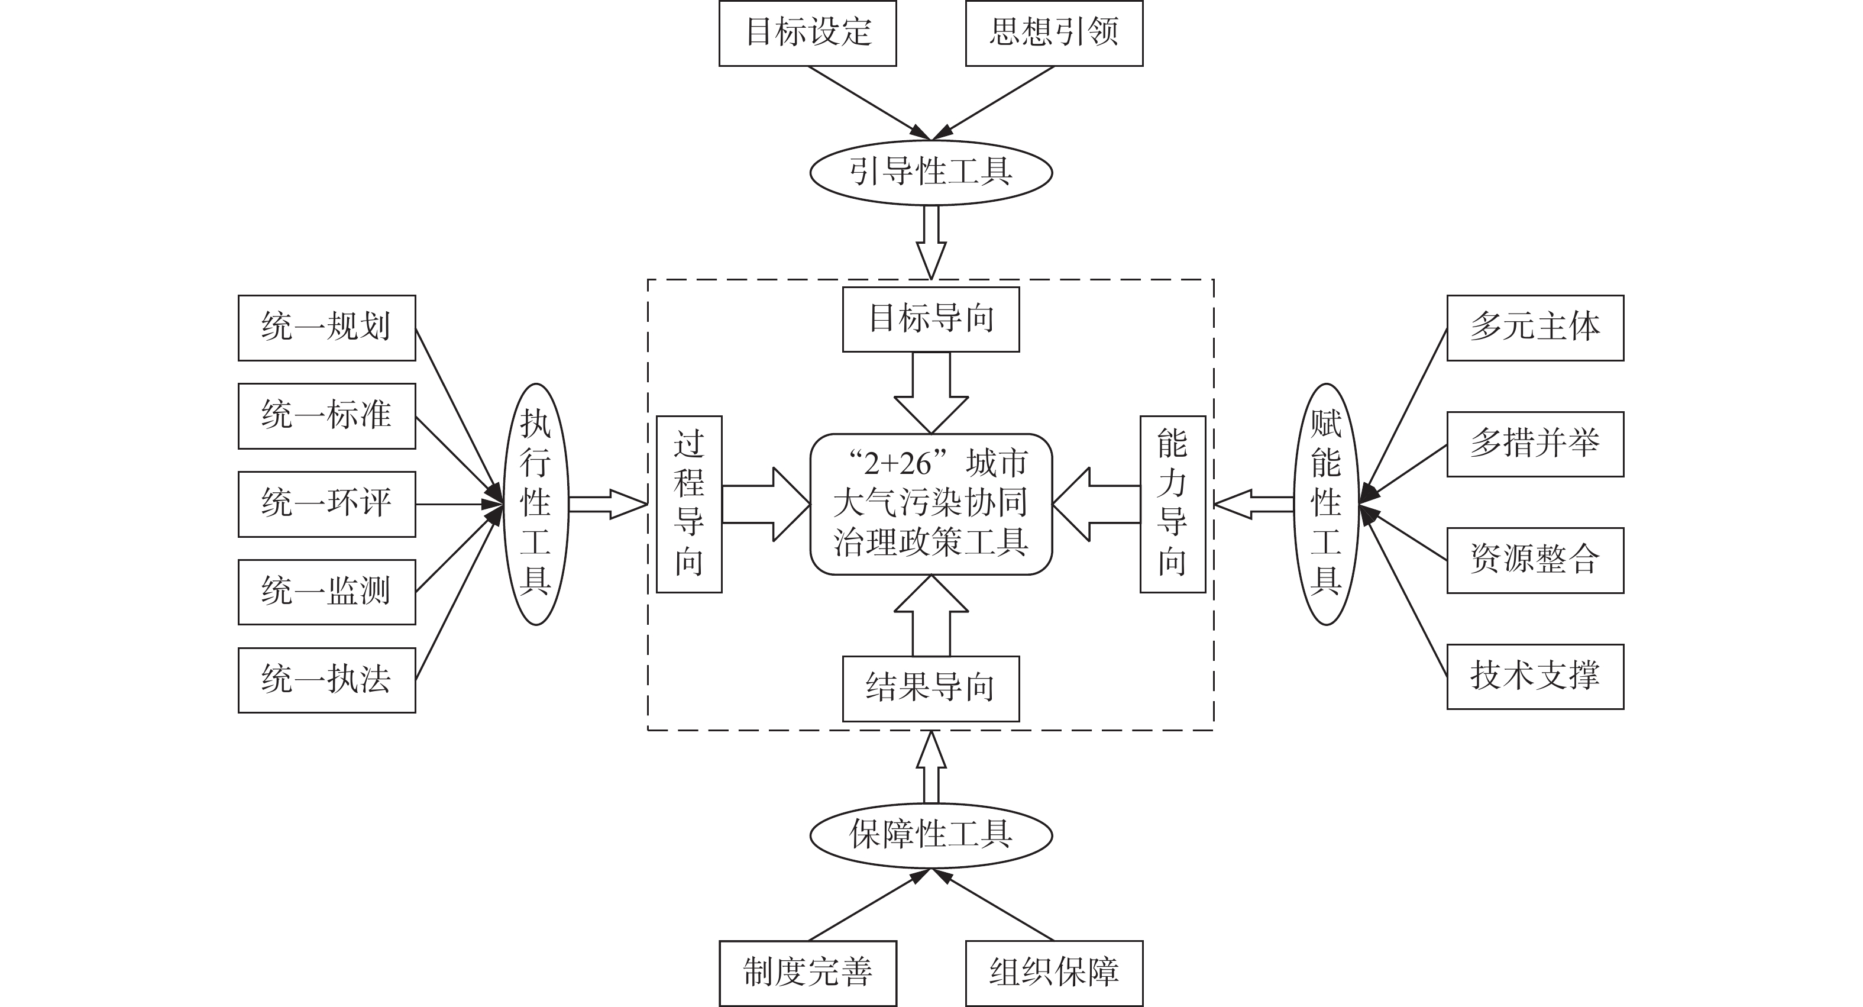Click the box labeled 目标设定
tap(807, 33)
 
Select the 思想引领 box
tap(1054, 33)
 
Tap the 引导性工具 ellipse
tap(931, 173)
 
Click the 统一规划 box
tap(327, 328)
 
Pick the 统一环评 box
tap(327, 504)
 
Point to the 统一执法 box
tap(327, 680)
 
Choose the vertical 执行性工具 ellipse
tap(536, 504)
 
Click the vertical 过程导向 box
tap(688, 504)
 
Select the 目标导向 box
tap(931, 319)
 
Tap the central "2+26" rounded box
tap(931, 504)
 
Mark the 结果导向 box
tap(931, 689)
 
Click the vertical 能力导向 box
tap(1172, 504)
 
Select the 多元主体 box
tap(1535, 328)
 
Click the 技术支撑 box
tap(1535, 676)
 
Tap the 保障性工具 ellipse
tap(931, 835)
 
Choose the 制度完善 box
tap(807, 973)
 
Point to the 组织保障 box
tap(1054, 973)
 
